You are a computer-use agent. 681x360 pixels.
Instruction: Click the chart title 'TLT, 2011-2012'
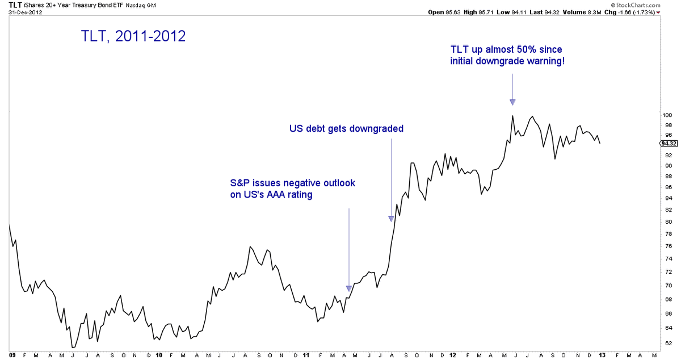pos(133,36)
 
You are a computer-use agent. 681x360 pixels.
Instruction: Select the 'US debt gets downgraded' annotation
pos(346,129)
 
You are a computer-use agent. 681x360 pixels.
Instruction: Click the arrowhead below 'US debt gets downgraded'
pos(391,219)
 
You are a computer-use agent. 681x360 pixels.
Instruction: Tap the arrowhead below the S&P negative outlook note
pos(349,288)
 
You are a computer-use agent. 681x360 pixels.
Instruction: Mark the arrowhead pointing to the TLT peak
pos(512,102)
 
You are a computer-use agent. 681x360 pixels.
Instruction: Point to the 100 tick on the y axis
pos(668,115)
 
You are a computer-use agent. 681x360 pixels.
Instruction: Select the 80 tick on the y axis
pos(668,222)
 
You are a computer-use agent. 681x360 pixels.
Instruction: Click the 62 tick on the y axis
pos(668,344)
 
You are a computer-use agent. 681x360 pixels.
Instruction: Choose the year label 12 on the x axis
pos(452,355)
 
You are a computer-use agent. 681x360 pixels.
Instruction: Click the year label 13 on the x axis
pos(602,355)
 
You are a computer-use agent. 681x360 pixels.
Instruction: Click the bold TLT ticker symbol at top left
pos(8,5)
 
